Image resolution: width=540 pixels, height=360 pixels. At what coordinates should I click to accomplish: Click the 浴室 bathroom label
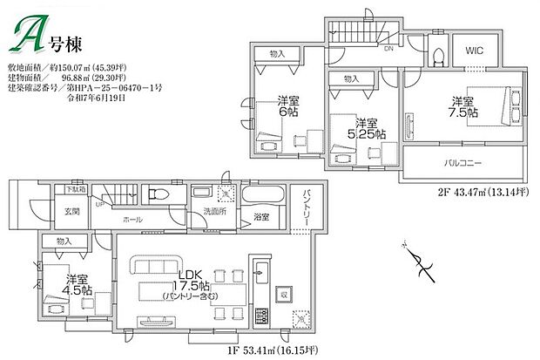click(x=261, y=216)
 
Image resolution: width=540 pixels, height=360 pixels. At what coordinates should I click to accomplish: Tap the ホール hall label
click(x=132, y=220)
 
